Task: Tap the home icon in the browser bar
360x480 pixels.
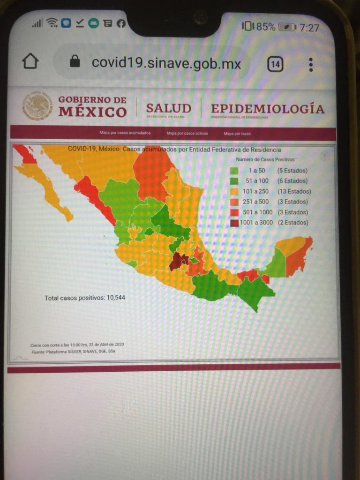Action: pos(30,61)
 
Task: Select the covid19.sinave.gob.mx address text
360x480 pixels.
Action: pos(166,63)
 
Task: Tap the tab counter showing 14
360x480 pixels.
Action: pos(275,64)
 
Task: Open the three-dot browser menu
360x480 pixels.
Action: pos(311,65)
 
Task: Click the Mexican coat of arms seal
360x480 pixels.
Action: pos(37,106)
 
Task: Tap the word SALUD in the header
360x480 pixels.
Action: pos(168,108)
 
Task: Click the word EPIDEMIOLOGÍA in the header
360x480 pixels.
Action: pos(267,109)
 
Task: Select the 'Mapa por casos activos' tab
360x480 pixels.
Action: pos(187,134)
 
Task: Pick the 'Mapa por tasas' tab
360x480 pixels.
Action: pos(237,134)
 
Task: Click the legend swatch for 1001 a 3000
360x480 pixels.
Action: pos(234,223)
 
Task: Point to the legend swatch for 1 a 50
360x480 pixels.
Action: pos(234,170)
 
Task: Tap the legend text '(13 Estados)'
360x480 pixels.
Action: pos(294,191)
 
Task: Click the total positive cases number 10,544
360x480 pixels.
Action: pos(115,298)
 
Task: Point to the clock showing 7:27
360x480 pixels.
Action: pos(309,28)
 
